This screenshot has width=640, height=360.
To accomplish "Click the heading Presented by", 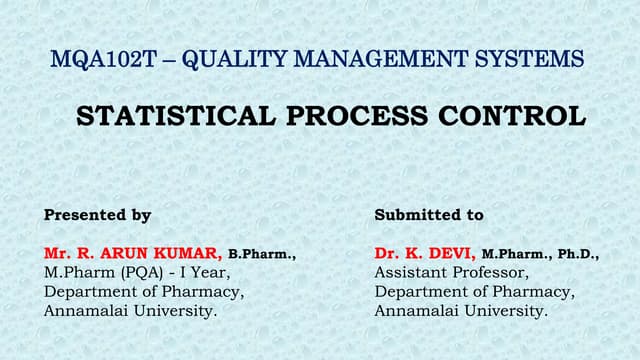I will point(98,215).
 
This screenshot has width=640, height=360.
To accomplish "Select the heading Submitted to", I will point(429,215).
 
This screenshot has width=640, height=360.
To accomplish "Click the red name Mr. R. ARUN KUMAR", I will point(133,254).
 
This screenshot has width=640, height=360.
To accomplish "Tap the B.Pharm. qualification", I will point(262,255).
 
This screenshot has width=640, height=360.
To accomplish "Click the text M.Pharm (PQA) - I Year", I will point(137,273).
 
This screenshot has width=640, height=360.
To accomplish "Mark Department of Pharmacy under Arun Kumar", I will point(144,292).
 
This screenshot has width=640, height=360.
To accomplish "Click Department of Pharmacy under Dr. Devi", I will point(475,292).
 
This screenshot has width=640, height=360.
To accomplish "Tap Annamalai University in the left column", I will point(130,311).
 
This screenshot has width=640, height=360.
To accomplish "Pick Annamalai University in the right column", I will point(461,311).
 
